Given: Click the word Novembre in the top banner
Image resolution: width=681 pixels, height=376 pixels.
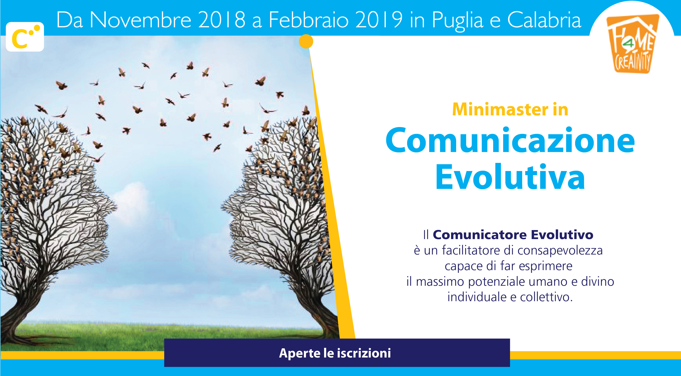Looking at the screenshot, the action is coord(140,20).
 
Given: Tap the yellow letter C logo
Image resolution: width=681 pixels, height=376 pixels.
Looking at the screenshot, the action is coord(25,37).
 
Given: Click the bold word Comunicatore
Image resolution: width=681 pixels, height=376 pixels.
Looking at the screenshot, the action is coord(480,234).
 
